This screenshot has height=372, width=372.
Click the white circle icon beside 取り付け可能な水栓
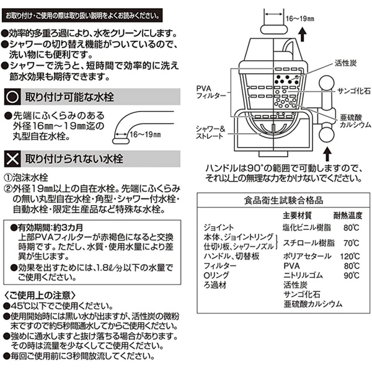(x=12, y=96)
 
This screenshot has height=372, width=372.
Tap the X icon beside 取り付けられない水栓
(x=12, y=156)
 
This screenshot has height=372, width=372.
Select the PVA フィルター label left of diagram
(x=209, y=92)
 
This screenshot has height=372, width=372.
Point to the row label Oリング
(x=215, y=275)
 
